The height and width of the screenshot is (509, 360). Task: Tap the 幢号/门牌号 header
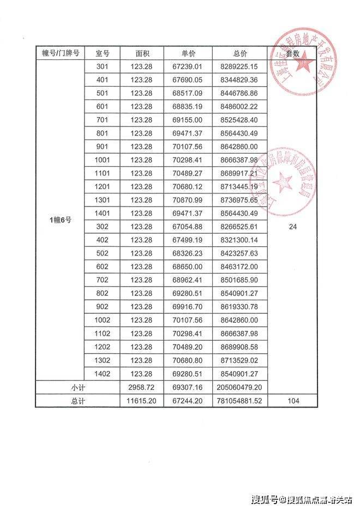tap(61, 53)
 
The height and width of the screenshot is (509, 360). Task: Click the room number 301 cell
tap(103, 66)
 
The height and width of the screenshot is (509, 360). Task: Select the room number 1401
tap(103, 213)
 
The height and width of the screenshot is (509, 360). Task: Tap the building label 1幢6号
tap(61, 220)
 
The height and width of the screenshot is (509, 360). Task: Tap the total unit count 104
tap(294, 401)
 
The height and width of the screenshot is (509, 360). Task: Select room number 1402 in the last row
tap(103, 374)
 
